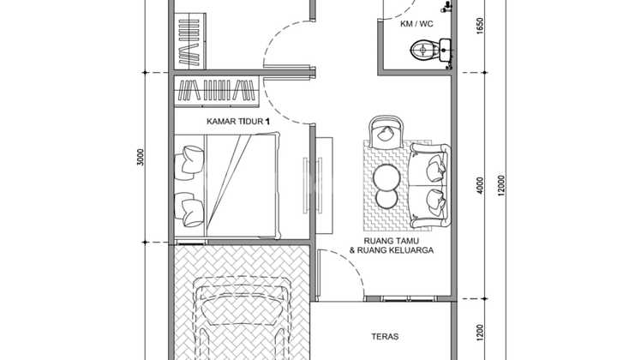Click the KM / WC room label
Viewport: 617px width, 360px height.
pyautogui.click(x=416, y=24)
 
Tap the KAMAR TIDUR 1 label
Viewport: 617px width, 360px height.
pyautogui.click(x=238, y=121)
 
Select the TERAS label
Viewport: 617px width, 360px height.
pyautogui.click(x=385, y=336)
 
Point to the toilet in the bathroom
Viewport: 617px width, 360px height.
pyautogui.click(x=425, y=51)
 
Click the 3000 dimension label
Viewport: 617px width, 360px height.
pyautogui.click(x=141, y=157)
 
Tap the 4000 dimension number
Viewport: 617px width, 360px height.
pyautogui.click(x=479, y=185)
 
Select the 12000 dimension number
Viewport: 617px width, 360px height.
pyautogui.click(x=500, y=185)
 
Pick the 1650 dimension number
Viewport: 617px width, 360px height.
pyautogui.click(x=479, y=26)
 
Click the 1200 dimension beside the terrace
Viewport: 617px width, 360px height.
pyautogui.click(x=479, y=333)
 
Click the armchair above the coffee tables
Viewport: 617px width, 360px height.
pyautogui.click(x=386, y=132)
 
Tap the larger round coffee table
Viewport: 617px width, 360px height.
pyautogui.click(x=386, y=177)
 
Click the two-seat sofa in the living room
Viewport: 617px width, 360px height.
pyautogui.click(x=429, y=185)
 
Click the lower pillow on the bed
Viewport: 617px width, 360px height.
pyautogui.click(x=189, y=209)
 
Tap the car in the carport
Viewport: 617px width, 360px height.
pyautogui.click(x=241, y=318)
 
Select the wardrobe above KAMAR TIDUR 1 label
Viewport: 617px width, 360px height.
pyautogui.click(x=217, y=91)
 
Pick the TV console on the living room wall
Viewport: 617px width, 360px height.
pyautogui.click(x=324, y=185)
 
